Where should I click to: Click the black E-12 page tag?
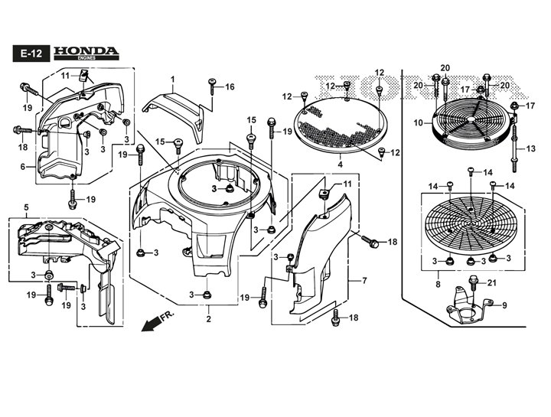pyautogui.click(x=31, y=54)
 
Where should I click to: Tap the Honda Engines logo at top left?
pyautogui.click(x=86, y=53)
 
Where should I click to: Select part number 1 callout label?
pyautogui.click(x=172, y=80)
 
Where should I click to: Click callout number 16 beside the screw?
pyautogui.click(x=230, y=86)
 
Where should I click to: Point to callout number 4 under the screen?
pyautogui.click(x=340, y=164)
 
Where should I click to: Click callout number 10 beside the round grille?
pyautogui.click(x=418, y=123)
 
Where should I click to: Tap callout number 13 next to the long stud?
pyautogui.click(x=531, y=149)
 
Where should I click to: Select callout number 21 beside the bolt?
pyautogui.click(x=491, y=282)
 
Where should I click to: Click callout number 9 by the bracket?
pyautogui.click(x=504, y=305)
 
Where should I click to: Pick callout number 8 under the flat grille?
pyautogui.click(x=438, y=284)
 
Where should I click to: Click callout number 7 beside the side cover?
pyautogui.click(x=364, y=280)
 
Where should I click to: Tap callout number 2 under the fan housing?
pyautogui.click(x=209, y=319)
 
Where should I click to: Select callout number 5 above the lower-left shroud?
pyautogui.click(x=26, y=208)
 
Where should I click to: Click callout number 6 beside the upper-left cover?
pyautogui.click(x=23, y=167)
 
